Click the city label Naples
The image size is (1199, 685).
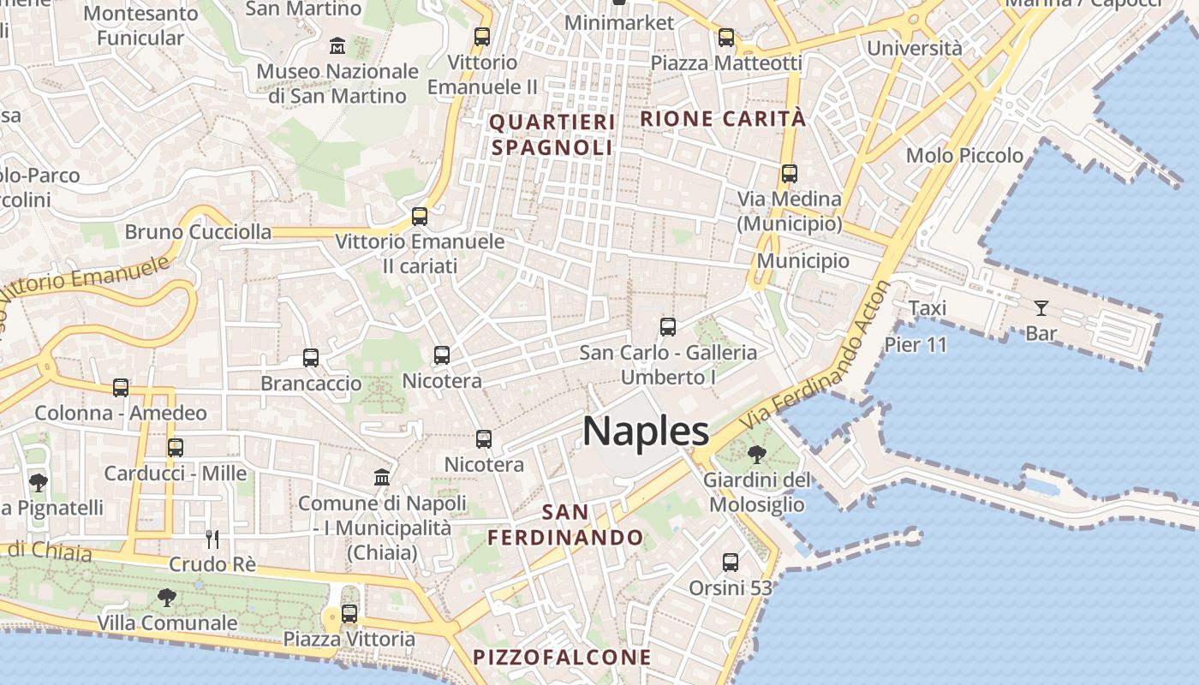coord(646,431)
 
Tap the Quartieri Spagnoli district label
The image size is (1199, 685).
coord(552,134)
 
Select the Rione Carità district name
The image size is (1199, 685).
coord(724,118)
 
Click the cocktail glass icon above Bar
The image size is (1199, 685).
coord(1041,308)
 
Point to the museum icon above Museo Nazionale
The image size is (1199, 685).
coord(337,45)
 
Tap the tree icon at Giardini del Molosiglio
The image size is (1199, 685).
coord(756,454)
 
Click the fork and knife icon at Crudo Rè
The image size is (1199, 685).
coord(212,539)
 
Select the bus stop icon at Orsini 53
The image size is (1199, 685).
coord(731,563)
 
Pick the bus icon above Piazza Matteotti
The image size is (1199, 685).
coord(726,38)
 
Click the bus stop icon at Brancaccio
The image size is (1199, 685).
coord(311,358)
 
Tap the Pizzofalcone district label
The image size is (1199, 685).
coord(562,658)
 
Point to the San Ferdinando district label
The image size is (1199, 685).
coord(565,525)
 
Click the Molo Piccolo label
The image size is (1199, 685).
coord(964,156)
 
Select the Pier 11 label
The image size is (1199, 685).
coord(916,345)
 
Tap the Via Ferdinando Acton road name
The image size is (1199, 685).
coord(819,355)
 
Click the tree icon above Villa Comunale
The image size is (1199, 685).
coord(167,598)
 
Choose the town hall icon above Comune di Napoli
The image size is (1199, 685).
coord(382,477)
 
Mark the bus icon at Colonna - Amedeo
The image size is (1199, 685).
coord(121,388)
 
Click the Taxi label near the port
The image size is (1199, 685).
coord(927,308)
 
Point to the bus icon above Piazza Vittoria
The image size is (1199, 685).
coord(349,614)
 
